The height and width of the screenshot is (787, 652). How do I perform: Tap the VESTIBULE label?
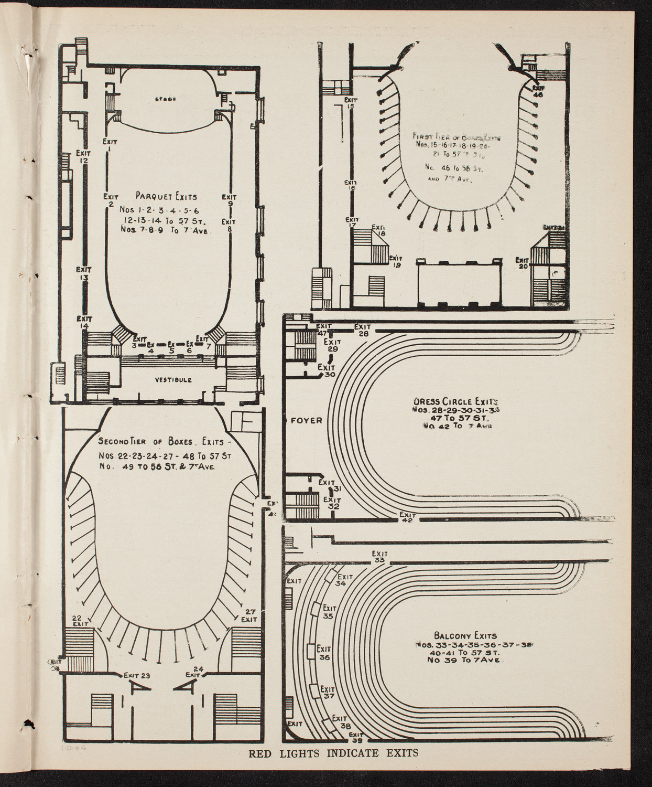173,380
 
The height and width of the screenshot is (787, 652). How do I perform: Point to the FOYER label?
307,420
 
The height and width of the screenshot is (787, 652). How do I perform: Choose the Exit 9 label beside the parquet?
230,201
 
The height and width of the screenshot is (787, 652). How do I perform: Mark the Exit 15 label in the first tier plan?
350,102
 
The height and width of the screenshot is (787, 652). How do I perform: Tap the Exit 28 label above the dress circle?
363,329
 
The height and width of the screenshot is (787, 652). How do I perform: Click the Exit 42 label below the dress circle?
407,517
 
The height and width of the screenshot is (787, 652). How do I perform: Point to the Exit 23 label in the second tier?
137,676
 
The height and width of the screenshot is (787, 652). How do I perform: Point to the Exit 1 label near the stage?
110,145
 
